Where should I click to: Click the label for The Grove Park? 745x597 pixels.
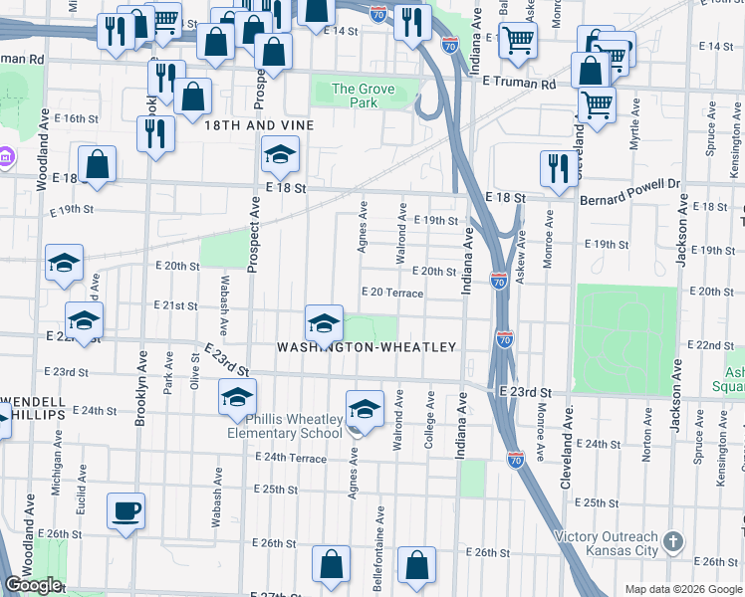tap(363, 96)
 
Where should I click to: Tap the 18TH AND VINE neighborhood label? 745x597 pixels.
tap(259, 125)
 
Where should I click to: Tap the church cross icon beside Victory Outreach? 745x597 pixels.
tap(673, 542)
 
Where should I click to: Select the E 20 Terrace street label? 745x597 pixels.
tap(393, 294)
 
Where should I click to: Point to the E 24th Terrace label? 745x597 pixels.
tap(291, 458)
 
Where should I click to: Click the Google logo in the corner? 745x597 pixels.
tap(33, 586)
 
